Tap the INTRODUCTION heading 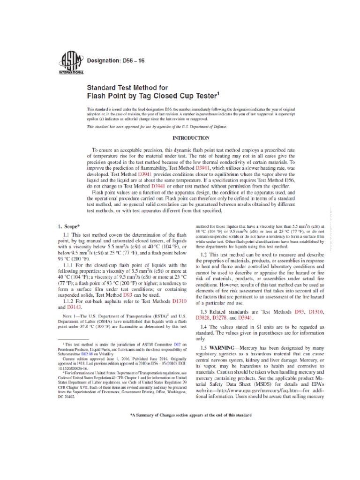(191, 138)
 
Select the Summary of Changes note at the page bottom (190, 415)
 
